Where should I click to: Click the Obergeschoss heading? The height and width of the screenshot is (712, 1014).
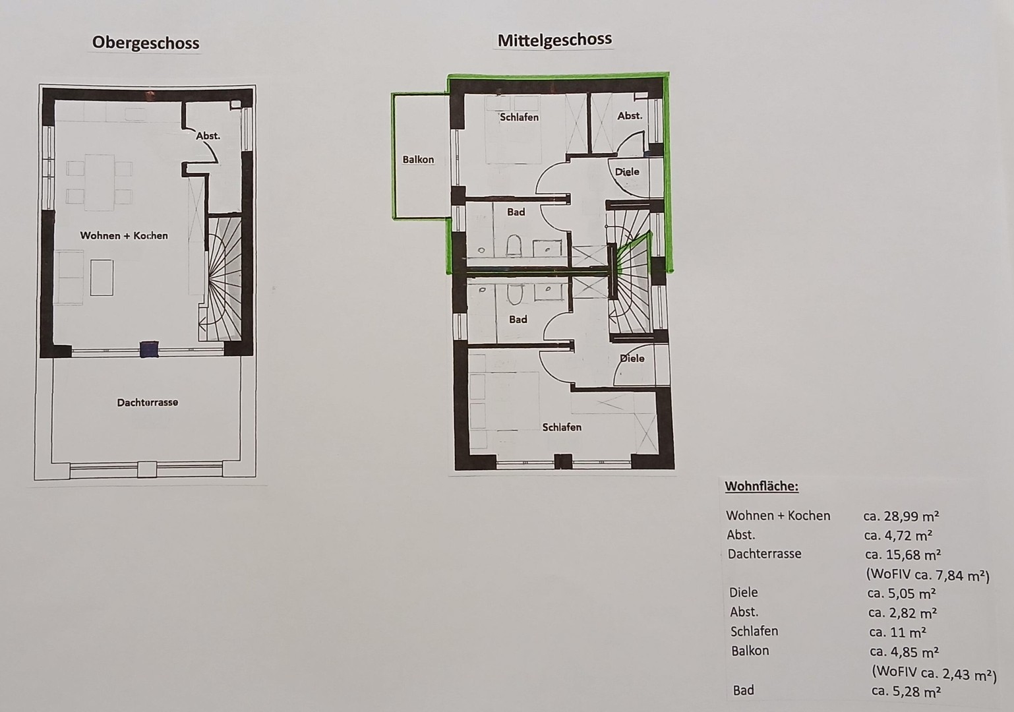point(145,43)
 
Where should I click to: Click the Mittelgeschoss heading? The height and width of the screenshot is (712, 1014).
point(554,40)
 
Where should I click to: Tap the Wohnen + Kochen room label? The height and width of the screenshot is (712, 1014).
point(124,235)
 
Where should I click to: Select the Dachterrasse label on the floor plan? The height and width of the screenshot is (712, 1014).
point(148,402)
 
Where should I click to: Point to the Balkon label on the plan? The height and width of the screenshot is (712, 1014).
point(418,160)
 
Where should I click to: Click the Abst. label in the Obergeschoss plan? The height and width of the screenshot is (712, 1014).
point(208,136)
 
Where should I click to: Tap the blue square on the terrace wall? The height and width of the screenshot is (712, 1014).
point(150,349)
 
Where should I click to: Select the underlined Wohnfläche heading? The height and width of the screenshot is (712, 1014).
point(761,487)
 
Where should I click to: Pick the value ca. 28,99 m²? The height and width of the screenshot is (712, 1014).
point(901,516)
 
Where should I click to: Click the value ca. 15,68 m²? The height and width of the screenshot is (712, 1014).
point(903,554)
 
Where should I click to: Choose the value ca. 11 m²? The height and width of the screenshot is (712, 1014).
point(897,632)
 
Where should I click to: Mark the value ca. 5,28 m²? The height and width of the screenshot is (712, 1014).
point(906,691)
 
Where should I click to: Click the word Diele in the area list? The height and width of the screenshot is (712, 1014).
point(744,592)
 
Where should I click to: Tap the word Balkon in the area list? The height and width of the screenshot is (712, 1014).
point(750,651)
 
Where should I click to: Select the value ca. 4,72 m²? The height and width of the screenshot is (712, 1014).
point(898,535)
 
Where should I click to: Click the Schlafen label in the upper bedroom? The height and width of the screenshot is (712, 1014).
point(519,117)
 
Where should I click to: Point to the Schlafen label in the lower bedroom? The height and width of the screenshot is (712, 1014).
point(562,427)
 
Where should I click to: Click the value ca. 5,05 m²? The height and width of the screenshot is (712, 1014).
point(902,593)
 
